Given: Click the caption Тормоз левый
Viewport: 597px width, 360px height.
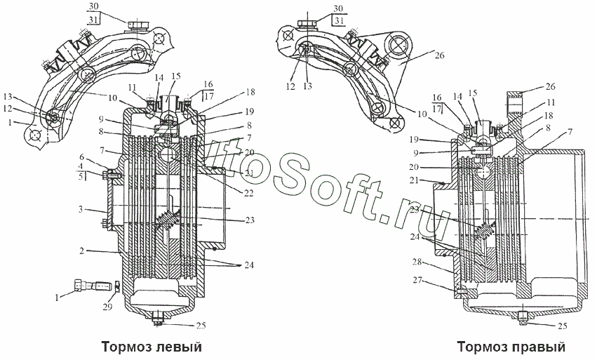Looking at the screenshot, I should pyautogui.click(x=152, y=347).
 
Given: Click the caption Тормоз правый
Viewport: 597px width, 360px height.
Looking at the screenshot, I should pyautogui.click(x=511, y=347).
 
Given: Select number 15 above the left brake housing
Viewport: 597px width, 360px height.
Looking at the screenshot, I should pyautogui.click(x=175, y=75).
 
